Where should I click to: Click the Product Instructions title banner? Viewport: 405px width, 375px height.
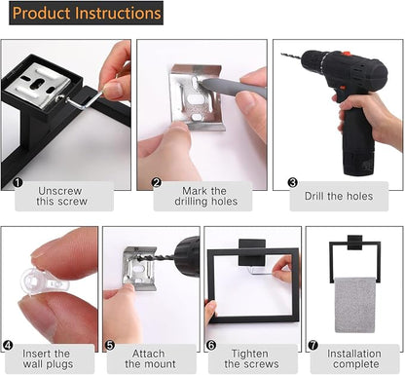[86, 13]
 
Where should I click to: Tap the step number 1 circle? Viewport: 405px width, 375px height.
[18, 182]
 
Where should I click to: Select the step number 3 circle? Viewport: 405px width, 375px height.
[292, 182]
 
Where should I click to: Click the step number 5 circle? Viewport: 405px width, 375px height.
[110, 345]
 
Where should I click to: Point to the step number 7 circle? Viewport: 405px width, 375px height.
[313, 345]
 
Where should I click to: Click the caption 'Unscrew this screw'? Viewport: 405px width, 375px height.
[61, 196]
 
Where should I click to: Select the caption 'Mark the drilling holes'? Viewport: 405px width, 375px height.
[205, 196]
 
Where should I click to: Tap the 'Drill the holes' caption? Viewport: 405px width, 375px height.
[339, 196]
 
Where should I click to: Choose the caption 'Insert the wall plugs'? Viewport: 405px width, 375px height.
[48, 358]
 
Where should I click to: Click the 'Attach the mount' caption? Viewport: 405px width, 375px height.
[150, 358]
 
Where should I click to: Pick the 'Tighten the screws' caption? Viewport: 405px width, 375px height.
[251, 358]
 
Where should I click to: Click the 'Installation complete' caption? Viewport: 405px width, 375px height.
[355, 358]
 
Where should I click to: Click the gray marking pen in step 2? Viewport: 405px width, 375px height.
[232, 86]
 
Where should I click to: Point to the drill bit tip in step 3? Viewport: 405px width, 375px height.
[282, 54]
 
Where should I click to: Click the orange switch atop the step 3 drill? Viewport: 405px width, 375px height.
[346, 54]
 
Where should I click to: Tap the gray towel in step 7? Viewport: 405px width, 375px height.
[354, 305]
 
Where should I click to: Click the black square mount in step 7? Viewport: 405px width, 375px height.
[354, 243]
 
